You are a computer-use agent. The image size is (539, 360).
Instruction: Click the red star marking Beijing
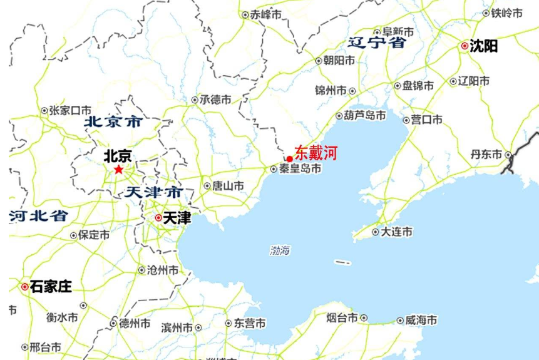pos(118,169)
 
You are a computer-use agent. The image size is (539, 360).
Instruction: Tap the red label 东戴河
pos(316,152)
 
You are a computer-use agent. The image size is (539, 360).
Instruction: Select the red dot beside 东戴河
pos(289,159)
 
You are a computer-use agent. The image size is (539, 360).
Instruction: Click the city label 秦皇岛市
pos(300,169)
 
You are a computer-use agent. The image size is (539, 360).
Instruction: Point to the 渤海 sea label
pos(280,250)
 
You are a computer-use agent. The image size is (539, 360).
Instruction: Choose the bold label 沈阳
pos(484,46)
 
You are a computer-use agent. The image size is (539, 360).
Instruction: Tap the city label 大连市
pos(397,232)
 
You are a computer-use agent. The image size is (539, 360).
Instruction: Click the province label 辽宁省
pos(376,43)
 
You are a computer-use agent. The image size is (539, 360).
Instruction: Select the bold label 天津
pos(177,218)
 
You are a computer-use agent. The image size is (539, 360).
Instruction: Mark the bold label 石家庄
pos(51,287)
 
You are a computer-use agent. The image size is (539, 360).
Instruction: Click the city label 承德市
pos(215,100)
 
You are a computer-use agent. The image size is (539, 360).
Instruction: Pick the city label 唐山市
pos(228,186)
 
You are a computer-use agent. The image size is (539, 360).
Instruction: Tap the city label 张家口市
pos(70,111)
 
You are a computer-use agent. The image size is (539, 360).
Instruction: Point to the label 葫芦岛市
pos(364,115)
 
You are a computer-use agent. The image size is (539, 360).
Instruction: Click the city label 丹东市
pos(486,154)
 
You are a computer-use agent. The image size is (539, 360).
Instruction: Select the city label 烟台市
pos(342,318)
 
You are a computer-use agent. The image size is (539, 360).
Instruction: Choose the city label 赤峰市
pos(265,14)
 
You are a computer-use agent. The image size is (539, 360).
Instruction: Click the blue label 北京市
pos(113,121)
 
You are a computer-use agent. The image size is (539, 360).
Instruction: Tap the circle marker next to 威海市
pos(399,321)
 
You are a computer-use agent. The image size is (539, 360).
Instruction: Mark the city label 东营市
pos(250,324)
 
